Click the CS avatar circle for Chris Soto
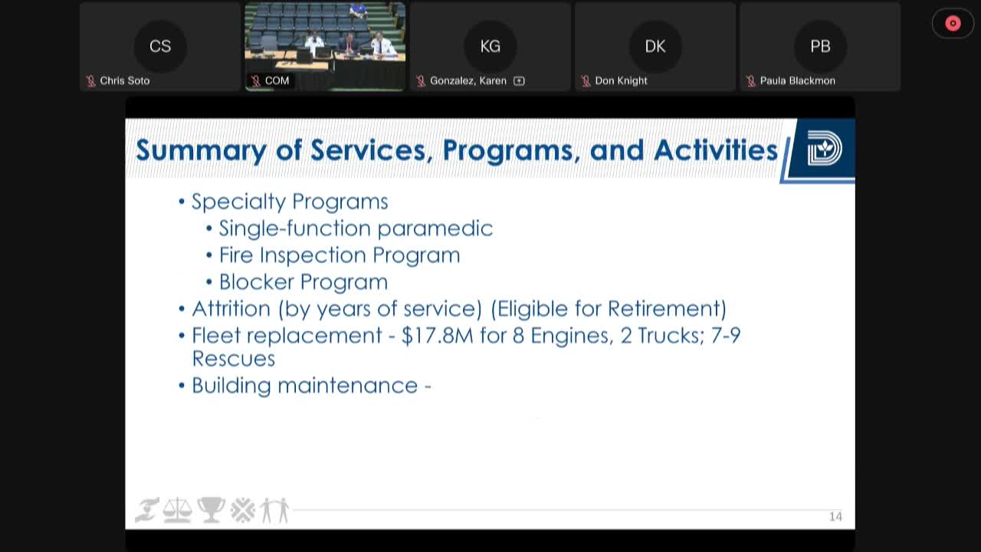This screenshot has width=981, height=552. coord(160,46)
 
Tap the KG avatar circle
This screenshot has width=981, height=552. coord(490,46)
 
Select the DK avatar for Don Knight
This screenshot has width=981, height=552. coord(655,46)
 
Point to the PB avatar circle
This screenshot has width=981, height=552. coord(820,46)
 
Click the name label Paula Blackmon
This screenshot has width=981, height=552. coord(797,80)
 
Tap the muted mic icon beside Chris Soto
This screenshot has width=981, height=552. coord(90,80)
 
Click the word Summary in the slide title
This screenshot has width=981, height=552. coord(201,149)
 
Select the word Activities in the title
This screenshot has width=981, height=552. coord(716,149)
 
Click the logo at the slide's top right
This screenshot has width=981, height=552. coord(824,149)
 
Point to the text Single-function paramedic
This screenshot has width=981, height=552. coord(356,228)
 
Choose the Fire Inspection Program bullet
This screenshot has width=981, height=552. coord(340,255)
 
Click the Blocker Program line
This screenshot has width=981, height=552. coord(303,282)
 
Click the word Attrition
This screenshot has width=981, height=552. coord(231,309)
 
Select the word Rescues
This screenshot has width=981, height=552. coord(233,359)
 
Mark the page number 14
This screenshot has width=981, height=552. coord(835,517)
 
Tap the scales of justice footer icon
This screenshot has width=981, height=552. coord(178,510)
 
